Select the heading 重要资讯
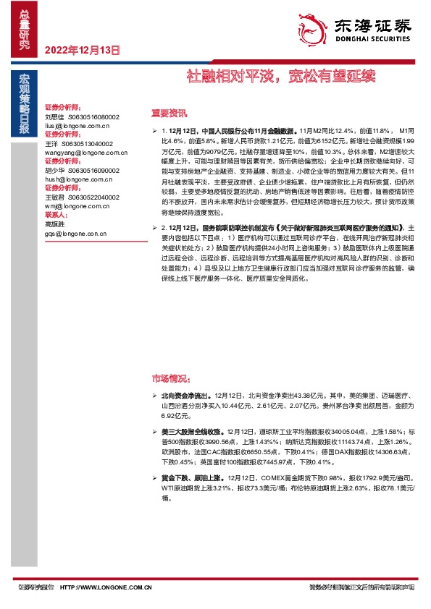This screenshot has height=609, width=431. click(x=169, y=113)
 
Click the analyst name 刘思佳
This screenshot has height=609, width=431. click(x=55, y=116)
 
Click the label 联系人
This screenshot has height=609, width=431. click(x=56, y=216)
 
